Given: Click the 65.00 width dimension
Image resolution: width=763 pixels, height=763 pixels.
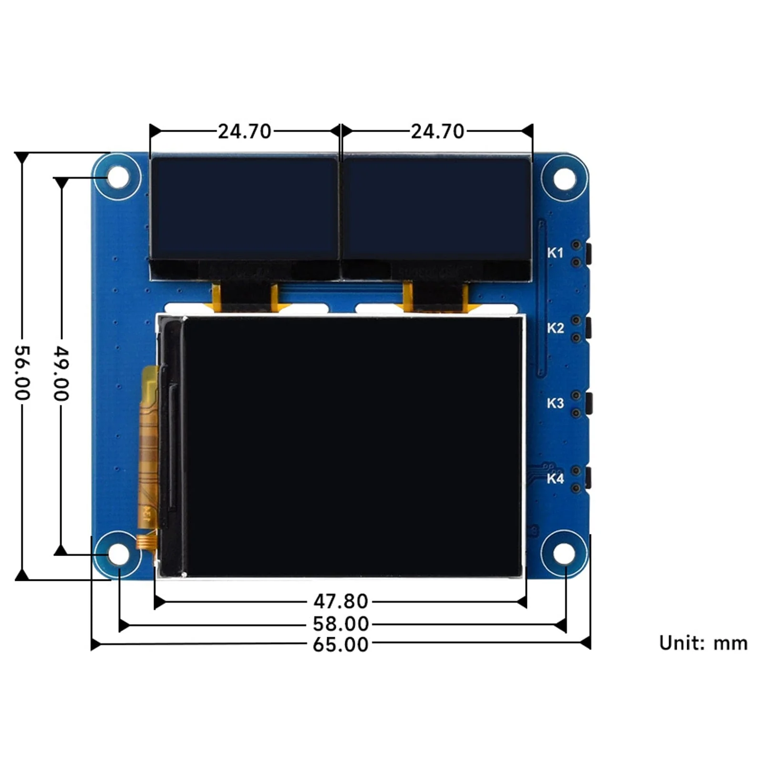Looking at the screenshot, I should coord(340,645).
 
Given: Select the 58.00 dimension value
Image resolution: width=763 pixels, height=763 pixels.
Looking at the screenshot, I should coord(340,624).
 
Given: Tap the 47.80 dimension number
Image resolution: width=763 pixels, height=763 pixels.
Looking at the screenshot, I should coord(340,601).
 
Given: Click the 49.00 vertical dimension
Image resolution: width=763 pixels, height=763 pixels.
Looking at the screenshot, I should coord(61,373).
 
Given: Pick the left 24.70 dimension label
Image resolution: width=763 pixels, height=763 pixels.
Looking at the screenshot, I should coord(244,132).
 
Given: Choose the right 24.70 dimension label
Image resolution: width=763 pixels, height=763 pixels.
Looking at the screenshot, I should coord(437,132).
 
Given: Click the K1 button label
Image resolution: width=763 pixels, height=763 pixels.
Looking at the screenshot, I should coord(555,253).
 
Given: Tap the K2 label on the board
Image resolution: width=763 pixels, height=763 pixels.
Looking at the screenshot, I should coord(555,328).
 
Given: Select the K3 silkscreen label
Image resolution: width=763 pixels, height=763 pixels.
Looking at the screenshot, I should coord(555,403).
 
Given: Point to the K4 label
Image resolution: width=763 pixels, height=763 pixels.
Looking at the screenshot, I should coord(555,478).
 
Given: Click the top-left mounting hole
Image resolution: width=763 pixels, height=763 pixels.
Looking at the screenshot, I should coord(117,177).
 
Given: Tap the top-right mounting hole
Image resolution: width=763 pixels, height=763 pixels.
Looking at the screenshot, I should coord(565,179).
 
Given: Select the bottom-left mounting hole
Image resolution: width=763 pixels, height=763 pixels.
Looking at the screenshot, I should coord(118,554).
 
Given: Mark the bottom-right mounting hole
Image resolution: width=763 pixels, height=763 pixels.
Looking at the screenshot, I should coord(565,554).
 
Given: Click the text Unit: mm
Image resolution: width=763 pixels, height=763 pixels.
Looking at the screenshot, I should coord(703,643).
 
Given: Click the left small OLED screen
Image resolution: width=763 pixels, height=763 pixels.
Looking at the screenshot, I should coord(244,209).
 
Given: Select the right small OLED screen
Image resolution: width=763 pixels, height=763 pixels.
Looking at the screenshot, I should coord(436,209).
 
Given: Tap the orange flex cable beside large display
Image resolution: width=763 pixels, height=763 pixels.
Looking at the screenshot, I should coord(148,448).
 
